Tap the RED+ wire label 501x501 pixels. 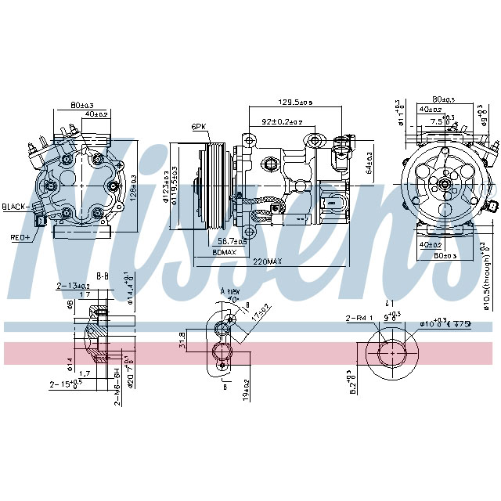18,237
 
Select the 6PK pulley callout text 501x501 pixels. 198,126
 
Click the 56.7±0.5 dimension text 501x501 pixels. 230,241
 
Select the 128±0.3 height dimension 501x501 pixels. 142,185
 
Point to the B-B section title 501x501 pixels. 102,276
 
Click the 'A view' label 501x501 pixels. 229,290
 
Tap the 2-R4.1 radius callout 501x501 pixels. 357,318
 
